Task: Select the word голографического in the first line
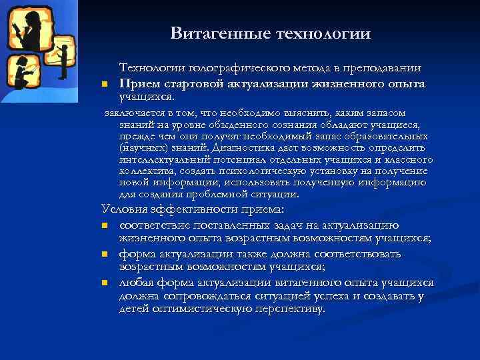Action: pos(228,69)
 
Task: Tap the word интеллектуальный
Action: pos(163,160)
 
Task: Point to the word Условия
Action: pos(122,209)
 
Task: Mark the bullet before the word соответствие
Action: pos(105,225)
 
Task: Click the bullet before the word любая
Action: pos(105,283)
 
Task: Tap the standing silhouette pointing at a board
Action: pos(65,57)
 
